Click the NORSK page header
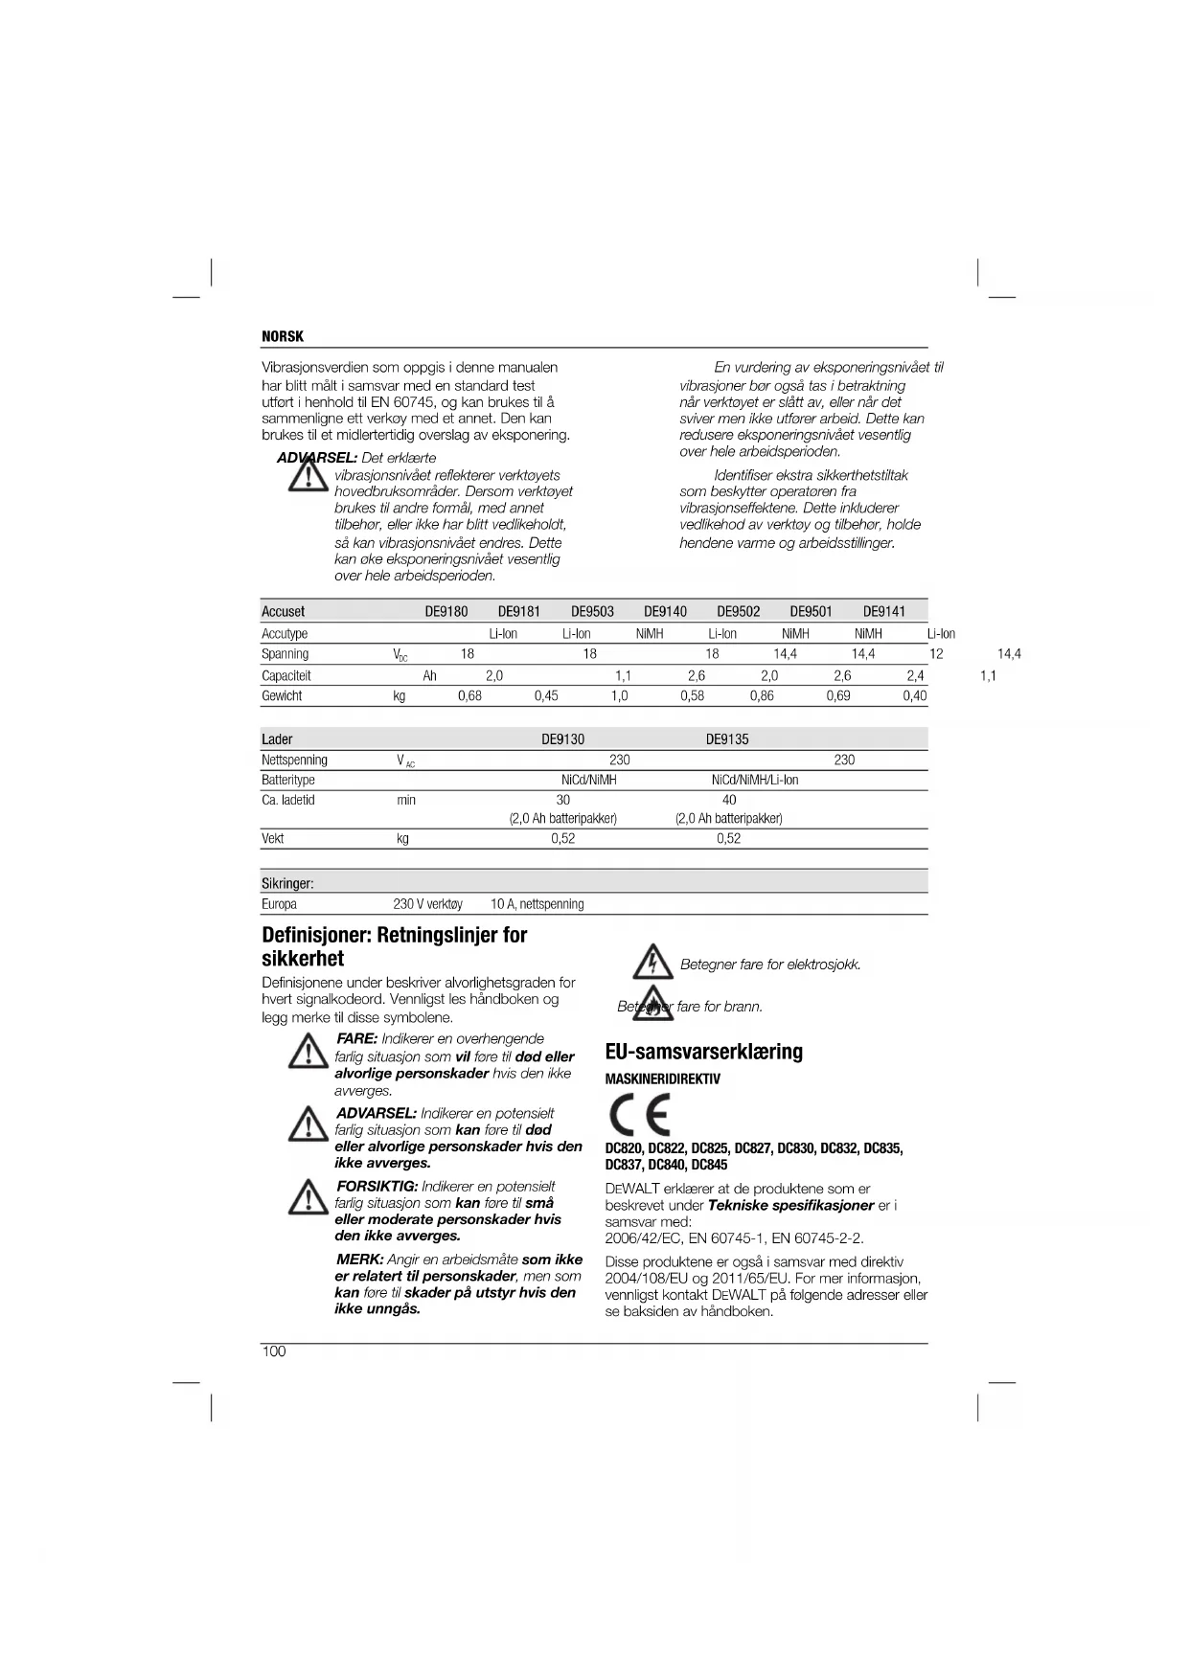click(x=283, y=336)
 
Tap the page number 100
click(x=274, y=1351)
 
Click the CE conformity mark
click(x=639, y=1115)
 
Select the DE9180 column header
click(x=446, y=611)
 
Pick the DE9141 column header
click(x=883, y=611)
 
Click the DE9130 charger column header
click(x=562, y=739)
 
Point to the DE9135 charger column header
click(x=727, y=739)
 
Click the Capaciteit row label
click(x=286, y=675)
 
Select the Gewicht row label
click(x=282, y=696)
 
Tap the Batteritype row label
click(x=287, y=780)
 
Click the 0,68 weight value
click(x=469, y=696)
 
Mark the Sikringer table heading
click(x=287, y=883)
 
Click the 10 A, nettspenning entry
click(x=537, y=904)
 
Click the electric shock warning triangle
click(x=653, y=962)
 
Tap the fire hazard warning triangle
click(x=653, y=1004)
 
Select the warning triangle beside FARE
click(x=308, y=1053)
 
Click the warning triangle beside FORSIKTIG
click(x=308, y=1198)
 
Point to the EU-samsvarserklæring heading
click(x=704, y=1052)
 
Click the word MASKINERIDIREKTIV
click(x=663, y=1078)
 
